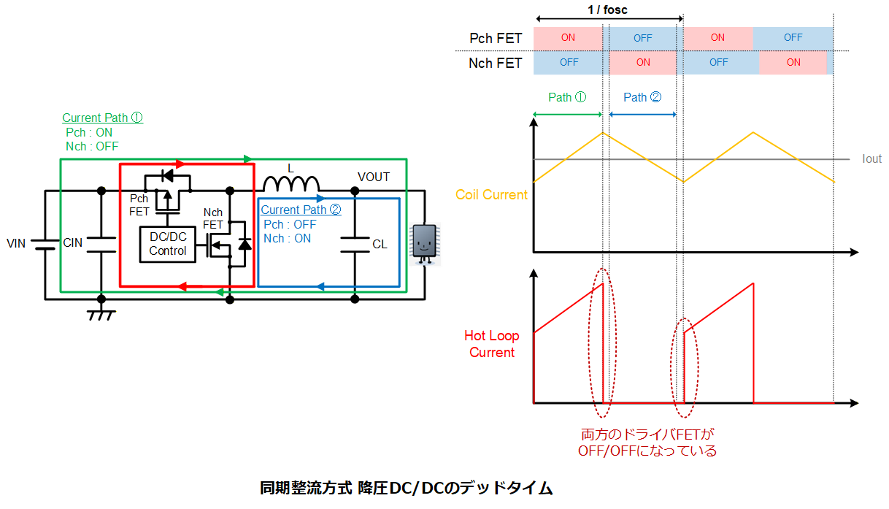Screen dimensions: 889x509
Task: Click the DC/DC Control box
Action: (x=167, y=244)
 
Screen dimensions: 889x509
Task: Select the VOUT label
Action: (x=374, y=177)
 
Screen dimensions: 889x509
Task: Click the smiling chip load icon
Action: (x=425, y=244)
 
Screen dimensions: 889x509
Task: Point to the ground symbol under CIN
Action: (x=101, y=315)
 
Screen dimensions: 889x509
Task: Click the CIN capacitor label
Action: (x=73, y=242)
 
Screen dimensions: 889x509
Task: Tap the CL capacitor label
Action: (x=380, y=244)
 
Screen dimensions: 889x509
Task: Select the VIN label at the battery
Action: (x=16, y=243)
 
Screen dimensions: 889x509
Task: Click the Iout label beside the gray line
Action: (x=871, y=158)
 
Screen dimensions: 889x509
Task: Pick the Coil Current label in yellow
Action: (x=491, y=194)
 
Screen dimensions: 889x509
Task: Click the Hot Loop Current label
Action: (x=492, y=344)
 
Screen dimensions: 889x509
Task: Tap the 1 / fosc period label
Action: (x=607, y=9)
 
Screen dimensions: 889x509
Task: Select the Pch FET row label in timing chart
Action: (x=496, y=38)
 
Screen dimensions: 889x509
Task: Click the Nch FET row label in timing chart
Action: (x=495, y=63)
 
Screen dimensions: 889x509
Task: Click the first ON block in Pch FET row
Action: (x=568, y=38)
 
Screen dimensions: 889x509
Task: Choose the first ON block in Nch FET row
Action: (x=643, y=63)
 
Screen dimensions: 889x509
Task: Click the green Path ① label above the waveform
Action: (x=567, y=97)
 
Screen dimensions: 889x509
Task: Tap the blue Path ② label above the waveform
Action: (x=642, y=97)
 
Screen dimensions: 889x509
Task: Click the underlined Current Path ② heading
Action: (x=301, y=210)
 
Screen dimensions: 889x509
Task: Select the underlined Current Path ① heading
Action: (x=102, y=118)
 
